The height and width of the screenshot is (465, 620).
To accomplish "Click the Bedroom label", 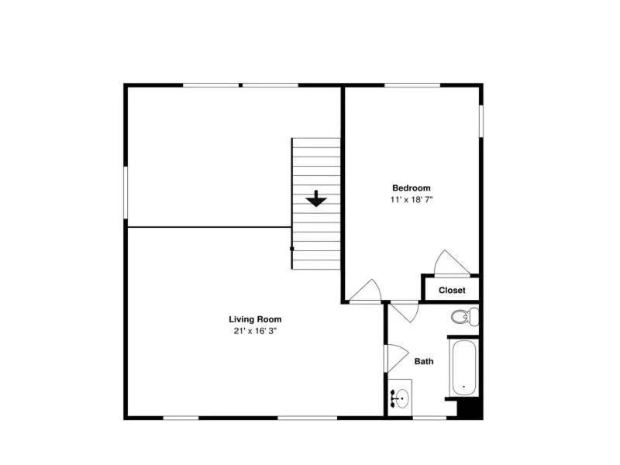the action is tap(412, 188).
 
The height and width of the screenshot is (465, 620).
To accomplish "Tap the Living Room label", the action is tap(255, 319).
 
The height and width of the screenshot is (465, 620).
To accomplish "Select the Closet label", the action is tap(452, 290).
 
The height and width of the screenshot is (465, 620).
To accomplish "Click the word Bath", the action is tap(424, 361).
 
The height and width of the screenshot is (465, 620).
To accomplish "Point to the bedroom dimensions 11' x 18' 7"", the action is tap(412, 200).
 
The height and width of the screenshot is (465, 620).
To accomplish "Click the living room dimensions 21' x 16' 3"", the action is tap(255, 331).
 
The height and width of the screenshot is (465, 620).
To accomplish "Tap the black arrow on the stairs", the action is tap(316, 198).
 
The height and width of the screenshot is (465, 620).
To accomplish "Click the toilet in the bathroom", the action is tap(465, 316).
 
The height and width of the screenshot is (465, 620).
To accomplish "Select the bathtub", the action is tap(464, 367).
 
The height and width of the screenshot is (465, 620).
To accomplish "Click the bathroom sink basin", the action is tap(402, 398).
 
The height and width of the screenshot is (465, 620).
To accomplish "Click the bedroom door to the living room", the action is tap(365, 291).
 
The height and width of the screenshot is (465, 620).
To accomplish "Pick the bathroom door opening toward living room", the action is tap(397, 358).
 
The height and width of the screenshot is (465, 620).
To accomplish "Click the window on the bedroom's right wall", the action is tap(481, 121).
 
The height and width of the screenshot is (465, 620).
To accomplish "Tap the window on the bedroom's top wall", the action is tap(412, 85).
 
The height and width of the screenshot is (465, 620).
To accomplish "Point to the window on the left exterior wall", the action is tap(126, 192).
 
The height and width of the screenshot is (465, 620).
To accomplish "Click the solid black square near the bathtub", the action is tap(470, 408).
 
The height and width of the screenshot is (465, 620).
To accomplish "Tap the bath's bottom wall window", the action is tap(430, 418).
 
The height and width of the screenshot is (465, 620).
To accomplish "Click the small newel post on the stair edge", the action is tap(292, 249).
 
